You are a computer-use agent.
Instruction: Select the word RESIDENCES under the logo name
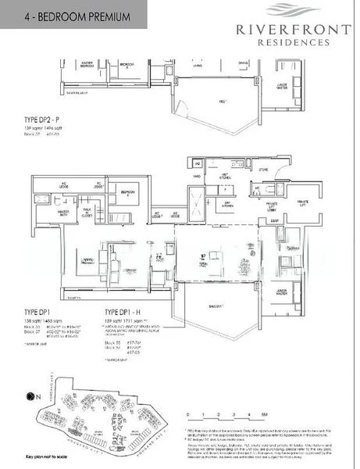point(292,44)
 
